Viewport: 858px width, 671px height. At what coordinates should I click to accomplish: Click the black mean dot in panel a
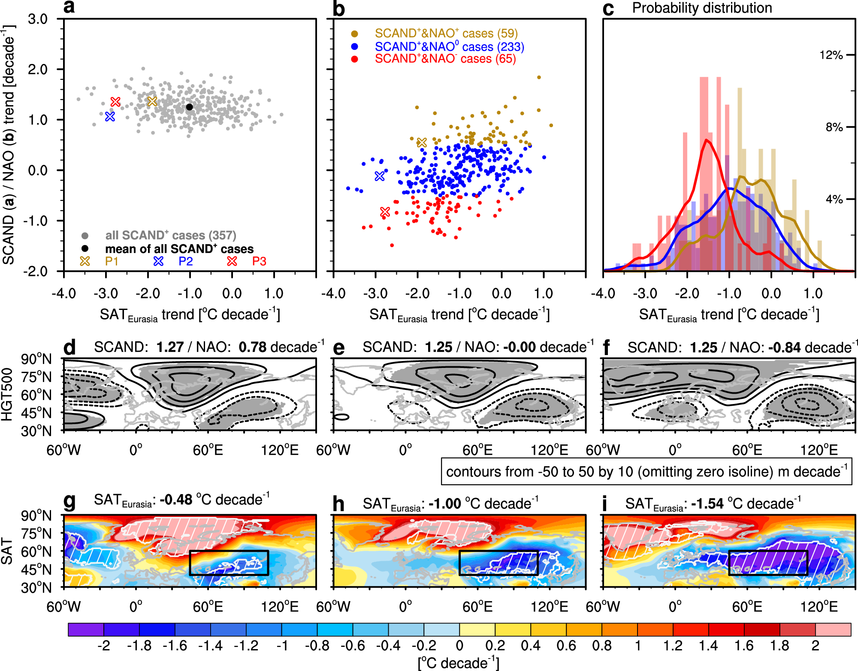coord(190,107)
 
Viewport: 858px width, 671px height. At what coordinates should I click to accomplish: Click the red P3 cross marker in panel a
coord(115,102)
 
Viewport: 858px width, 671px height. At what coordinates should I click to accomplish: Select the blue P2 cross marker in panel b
coord(380,176)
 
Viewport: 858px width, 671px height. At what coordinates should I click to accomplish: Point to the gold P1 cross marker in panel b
coord(422,143)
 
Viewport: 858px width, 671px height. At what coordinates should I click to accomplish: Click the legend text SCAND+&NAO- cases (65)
coord(445,59)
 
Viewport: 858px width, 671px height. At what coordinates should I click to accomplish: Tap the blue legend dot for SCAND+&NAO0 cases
coord(354,47)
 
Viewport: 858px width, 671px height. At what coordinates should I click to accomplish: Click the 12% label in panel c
coord(831,55)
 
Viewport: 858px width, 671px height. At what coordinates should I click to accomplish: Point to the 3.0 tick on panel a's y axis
coord(38,19)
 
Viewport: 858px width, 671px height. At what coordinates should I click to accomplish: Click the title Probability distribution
coord(702,8)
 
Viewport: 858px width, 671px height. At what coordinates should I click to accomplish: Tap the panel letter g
coord(69,500)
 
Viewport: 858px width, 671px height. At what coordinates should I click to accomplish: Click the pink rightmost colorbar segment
coord(833,630)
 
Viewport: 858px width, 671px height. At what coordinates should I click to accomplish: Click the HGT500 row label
coord(7,394)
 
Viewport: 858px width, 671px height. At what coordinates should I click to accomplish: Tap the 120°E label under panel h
coord(549,607)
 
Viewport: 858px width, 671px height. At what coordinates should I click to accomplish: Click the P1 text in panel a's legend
coord(112,261)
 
